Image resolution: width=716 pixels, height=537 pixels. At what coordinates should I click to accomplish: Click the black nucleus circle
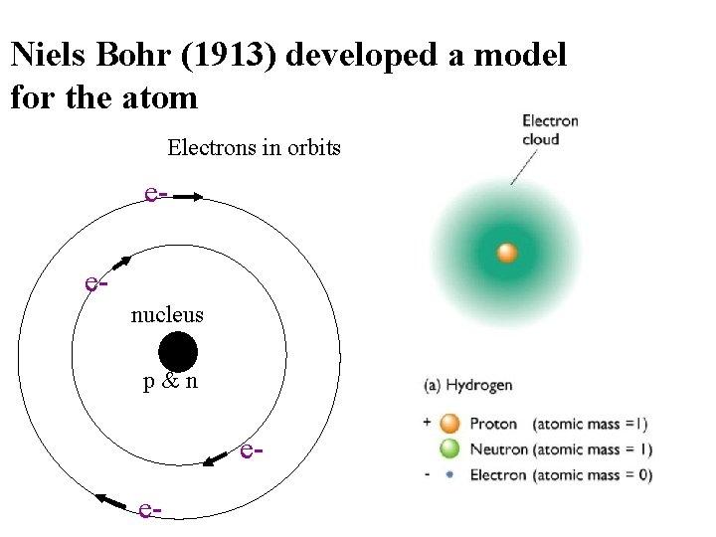178,353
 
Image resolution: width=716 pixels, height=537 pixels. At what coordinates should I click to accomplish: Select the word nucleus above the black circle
167,315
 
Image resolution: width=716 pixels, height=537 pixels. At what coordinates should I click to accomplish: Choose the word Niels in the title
48,55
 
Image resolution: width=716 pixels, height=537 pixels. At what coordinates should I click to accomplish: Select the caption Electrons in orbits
254,149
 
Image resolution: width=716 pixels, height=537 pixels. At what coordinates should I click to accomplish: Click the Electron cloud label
550,129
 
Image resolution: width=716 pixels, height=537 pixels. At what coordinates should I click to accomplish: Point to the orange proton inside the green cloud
506,253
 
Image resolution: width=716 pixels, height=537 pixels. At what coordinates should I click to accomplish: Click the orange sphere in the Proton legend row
449,424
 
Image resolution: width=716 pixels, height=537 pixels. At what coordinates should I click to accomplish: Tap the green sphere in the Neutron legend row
449,449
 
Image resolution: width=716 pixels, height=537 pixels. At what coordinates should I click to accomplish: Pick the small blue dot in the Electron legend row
449,475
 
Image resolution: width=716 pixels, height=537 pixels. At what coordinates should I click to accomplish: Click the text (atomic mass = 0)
593,475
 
